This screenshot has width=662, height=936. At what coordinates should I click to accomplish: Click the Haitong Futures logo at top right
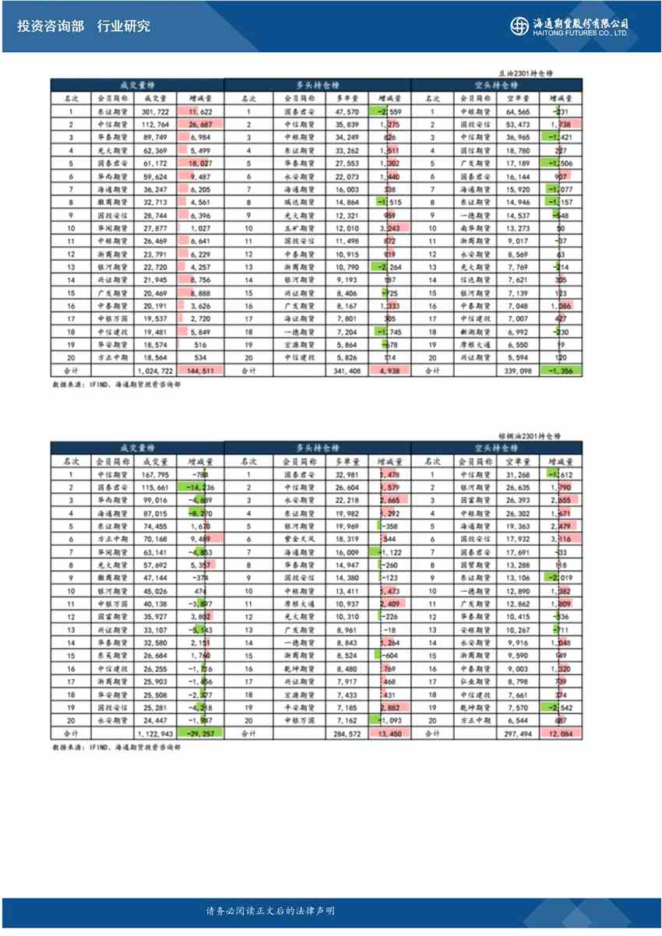[x=569, y=26]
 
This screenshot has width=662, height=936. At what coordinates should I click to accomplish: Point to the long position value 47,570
[x=347, y=111]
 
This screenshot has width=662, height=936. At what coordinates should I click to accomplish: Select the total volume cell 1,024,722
[x=152, y=371]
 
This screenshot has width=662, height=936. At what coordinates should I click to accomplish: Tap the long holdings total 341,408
[x=347, y=371]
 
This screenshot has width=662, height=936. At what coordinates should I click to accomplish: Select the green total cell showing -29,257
[x=200, y=734]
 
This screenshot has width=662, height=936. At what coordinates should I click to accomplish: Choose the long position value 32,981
[x=347, y=474]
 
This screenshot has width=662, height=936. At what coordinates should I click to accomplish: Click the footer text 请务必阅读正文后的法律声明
[x=270, y=912]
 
